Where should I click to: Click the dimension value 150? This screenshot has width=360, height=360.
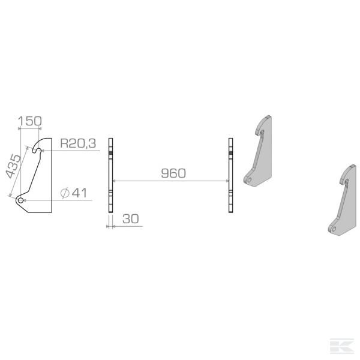pyautogui.click(x=30, y=121)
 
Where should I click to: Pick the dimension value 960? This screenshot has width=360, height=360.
pyautogui.click(x=173, y=173)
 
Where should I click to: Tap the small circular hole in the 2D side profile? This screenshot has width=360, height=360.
pyautogui.click(x=22, y=200)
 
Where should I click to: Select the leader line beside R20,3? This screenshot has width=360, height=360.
pyautogui.click(x=72, y=151)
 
